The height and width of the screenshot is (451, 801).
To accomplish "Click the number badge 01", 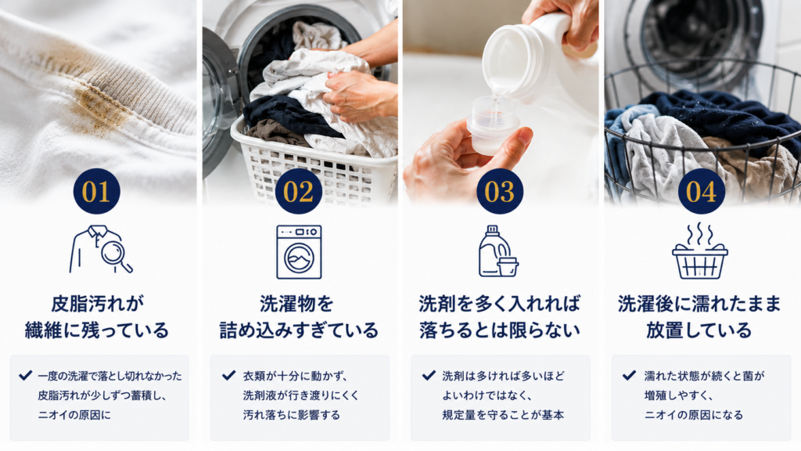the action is (96, 191).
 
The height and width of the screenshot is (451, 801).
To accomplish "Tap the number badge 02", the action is (298, 191).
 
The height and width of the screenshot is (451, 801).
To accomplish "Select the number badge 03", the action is (500, 191).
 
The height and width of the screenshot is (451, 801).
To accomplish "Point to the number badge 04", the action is (702, 191).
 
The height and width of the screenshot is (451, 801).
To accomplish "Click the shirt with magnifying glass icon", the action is (101, 250).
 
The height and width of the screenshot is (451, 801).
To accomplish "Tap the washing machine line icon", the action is (299, 252).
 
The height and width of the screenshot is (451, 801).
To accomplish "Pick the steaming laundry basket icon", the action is (700, 251).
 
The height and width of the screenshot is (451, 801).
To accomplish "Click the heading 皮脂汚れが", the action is (98, 304).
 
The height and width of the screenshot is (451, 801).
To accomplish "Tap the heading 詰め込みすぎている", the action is (299, 330).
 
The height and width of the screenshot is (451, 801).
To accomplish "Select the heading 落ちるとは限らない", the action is (500, 330).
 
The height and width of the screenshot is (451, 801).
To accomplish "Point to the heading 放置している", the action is (699, 330).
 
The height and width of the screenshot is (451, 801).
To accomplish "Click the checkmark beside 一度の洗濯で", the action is (25, 376).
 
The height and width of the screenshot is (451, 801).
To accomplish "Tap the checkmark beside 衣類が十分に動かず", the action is (229, 376).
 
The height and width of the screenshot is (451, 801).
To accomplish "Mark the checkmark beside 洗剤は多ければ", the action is (429, 376).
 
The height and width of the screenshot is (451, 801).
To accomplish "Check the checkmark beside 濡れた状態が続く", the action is (630, 376).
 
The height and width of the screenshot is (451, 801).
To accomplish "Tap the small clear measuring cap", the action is (489, 125).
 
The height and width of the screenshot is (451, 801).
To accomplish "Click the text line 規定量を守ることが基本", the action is (503, 415).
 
